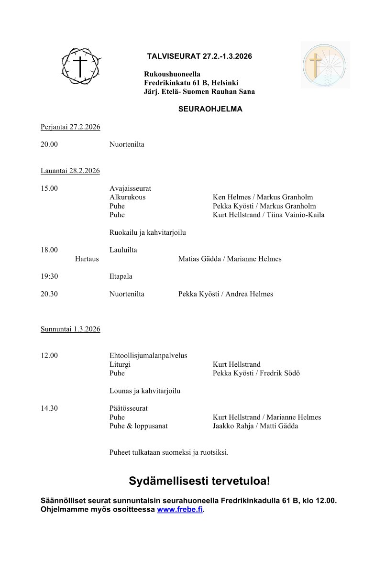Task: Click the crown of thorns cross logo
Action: coord(81,67)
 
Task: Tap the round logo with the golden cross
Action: coord(325,65)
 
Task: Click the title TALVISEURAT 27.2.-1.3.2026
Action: coord(199,56)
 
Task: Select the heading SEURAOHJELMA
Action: coord(210,109)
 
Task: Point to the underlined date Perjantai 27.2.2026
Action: coord(70,127)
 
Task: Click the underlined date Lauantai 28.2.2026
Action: coord(70,171)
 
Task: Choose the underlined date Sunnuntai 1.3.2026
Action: coord(70,329)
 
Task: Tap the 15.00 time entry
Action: coord(49,188)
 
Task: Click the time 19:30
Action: coord(49,276)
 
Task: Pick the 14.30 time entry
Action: coord(49,408)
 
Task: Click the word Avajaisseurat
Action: coord(130,188)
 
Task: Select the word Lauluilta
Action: coord(123,250)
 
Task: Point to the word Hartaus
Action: coord(87,259)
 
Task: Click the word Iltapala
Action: coord(121,276)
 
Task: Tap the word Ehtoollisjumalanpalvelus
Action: coord(148,356)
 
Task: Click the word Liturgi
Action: coord(120,364)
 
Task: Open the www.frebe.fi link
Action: coord(180,510)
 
